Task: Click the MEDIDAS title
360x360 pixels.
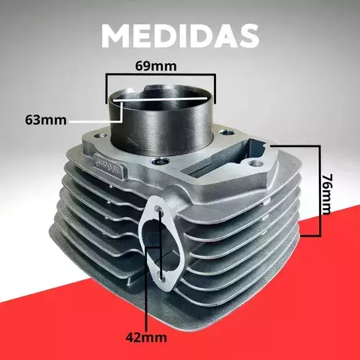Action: (x=180, y=36)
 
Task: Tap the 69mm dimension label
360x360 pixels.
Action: (x=156, y=66)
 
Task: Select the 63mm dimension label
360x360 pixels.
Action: (x=45, y=120)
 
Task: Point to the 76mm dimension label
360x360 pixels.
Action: (x=327, y=194)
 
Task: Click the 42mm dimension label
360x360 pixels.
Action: (x=146, y=338)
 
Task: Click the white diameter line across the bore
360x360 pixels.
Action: (x=160, y=99)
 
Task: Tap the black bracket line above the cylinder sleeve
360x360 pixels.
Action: (x=161, y=75)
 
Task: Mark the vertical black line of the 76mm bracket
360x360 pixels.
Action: (x=320, y=191)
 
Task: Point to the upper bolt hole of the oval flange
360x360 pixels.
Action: (x=158, y=209)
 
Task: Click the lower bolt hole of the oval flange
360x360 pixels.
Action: (x=161, y=276)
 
